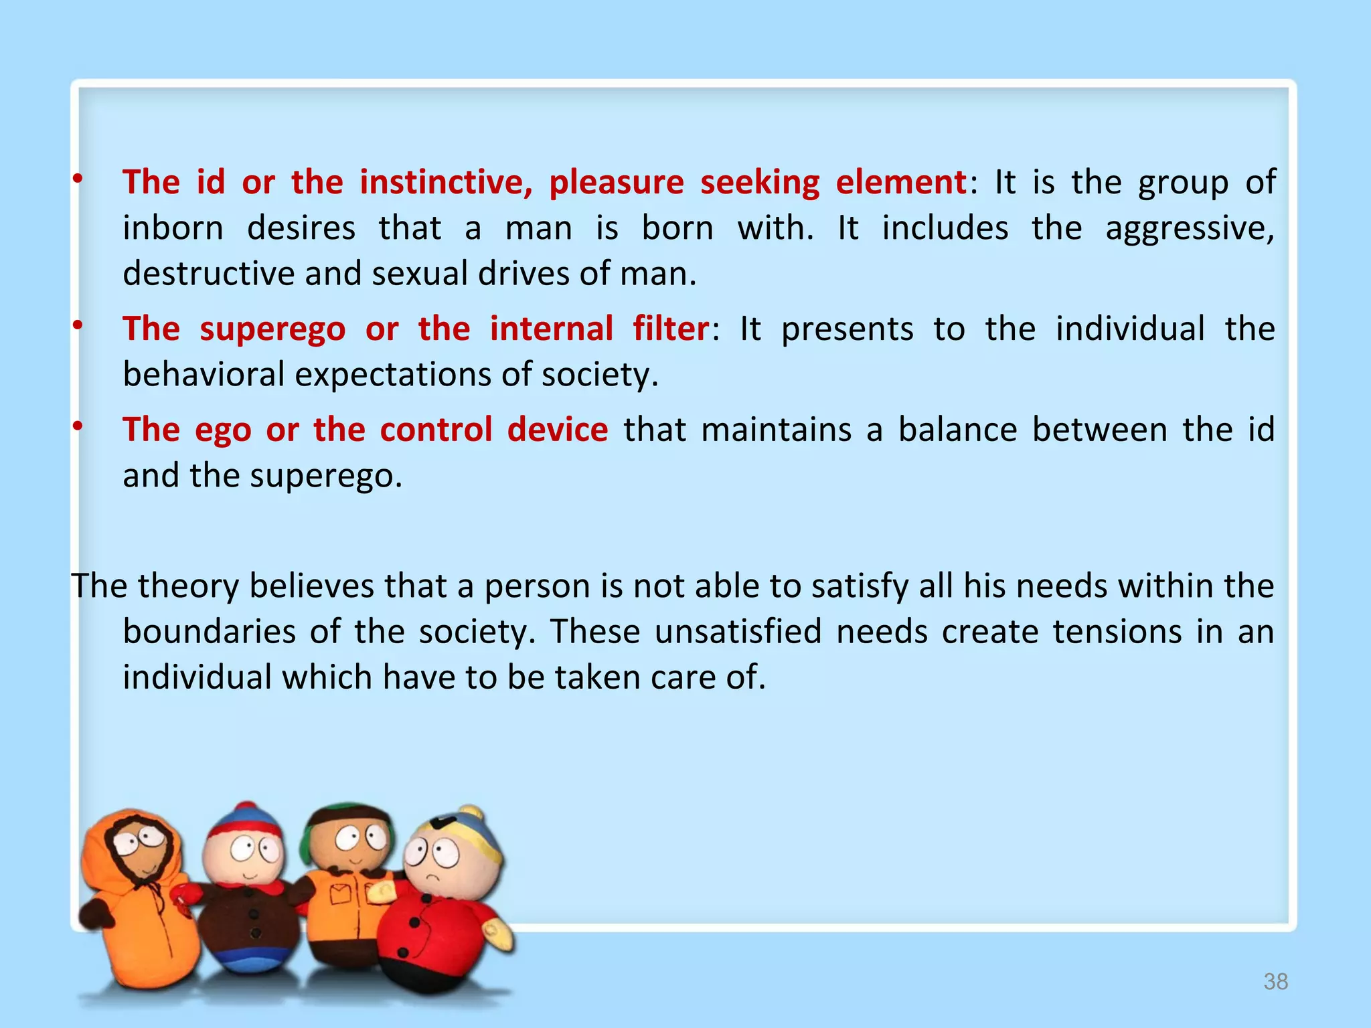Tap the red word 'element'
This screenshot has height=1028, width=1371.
(900, 183)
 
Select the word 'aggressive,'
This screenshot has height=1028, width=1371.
(1190, 229)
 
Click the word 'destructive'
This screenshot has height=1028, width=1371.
(208, 274)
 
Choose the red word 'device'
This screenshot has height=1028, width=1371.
(558, 430)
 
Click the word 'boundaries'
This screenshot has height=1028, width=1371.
(209, 632)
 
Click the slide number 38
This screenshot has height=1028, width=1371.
(1275, 982)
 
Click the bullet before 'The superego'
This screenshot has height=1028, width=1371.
(78, 326)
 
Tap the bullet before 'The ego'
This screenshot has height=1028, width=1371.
(78, 426)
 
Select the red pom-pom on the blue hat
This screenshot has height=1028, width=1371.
(246, 807)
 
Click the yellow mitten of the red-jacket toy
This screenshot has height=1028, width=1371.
(499, 934)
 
